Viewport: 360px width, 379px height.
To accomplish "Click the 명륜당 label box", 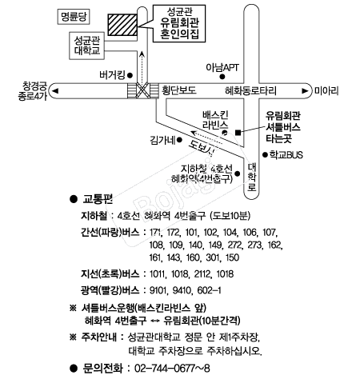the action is [x=74, y=17].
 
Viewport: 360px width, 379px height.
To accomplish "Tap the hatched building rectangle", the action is [x=122, y=25].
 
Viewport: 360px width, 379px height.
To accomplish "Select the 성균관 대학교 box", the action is [x=86, y=46].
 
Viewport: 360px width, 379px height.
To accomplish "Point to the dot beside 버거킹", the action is [x=130, y=75].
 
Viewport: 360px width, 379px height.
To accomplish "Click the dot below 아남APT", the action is [x=222, y=77].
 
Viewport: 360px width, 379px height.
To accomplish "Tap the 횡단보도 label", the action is [x=179, y=90].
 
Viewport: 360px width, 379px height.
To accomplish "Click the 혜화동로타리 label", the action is [x=250, y=90].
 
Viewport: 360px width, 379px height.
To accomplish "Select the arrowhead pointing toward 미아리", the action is [x=305, y=91].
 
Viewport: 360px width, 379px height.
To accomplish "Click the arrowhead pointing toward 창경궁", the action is [x=55, y=91].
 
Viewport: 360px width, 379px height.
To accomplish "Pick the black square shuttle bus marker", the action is [x=238, y=133].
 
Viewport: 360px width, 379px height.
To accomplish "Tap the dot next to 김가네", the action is [x=180, y=140].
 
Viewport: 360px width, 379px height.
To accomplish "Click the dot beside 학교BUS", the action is [x=265, y=154].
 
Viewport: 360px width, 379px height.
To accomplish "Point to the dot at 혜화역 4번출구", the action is [x=238, y=174].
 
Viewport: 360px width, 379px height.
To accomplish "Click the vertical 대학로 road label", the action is [x=252, y=177].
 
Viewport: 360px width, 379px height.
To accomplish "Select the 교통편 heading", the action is [x=98, y=199].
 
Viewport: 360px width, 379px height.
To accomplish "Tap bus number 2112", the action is [x=203, y=274].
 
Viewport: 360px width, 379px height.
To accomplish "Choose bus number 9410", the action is [x=182, y=290].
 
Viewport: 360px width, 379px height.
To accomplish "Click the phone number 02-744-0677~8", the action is [x=172, y=369].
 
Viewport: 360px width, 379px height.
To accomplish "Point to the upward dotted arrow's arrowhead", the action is [x=142, y=54].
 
